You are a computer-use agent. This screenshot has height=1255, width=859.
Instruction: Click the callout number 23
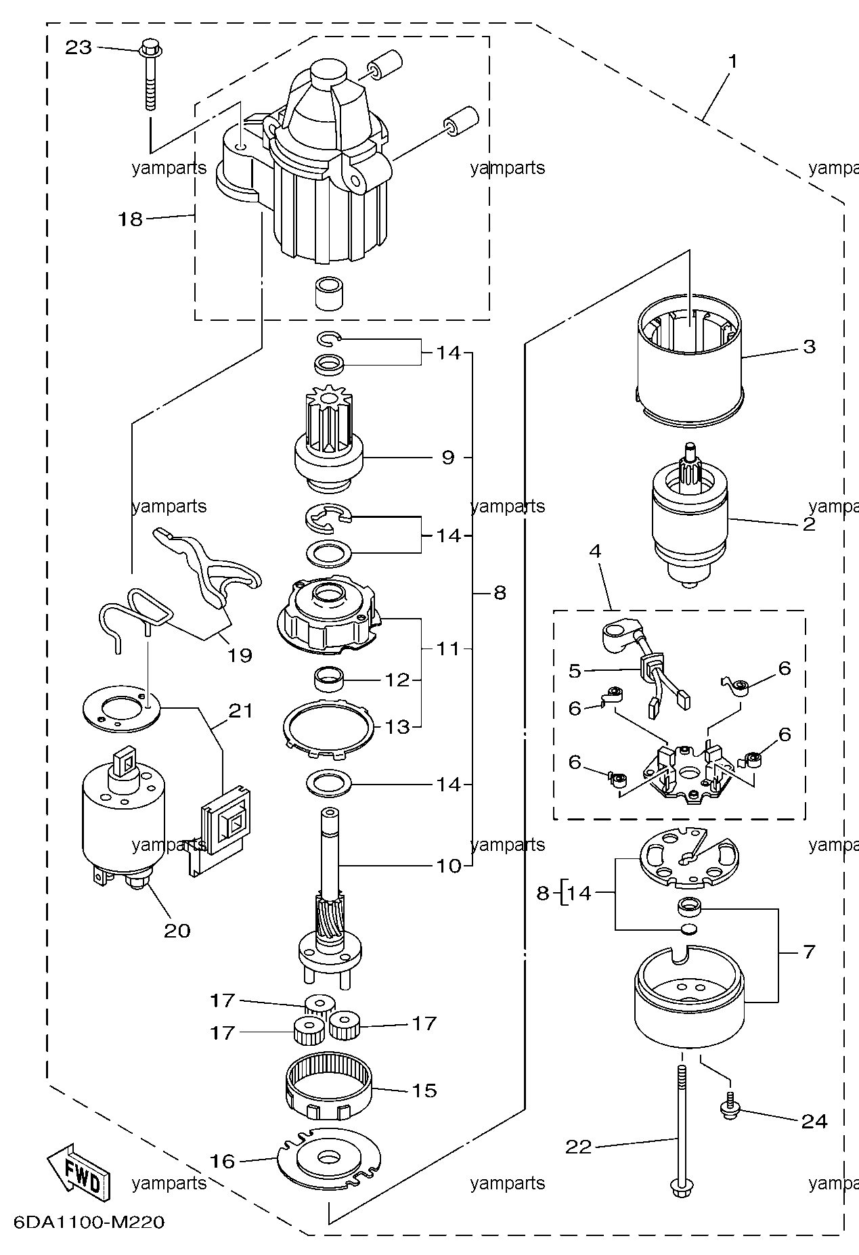[x=78, y=48]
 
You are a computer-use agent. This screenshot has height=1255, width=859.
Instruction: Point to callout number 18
[x=131, y=219]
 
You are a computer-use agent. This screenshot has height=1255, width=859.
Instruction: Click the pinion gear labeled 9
[x=330, y=449]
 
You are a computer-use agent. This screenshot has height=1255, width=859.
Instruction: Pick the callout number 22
[x=579, y=1146]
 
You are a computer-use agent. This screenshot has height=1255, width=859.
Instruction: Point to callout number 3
[x=810, y=347]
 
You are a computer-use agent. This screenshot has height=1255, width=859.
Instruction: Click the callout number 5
[x=575, y=670]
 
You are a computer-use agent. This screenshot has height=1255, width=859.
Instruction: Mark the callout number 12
[x=398, y=679]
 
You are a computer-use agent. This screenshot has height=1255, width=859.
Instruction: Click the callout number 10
[x=449, y=865]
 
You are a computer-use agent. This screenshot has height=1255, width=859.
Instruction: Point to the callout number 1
[x=732, y=61]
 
